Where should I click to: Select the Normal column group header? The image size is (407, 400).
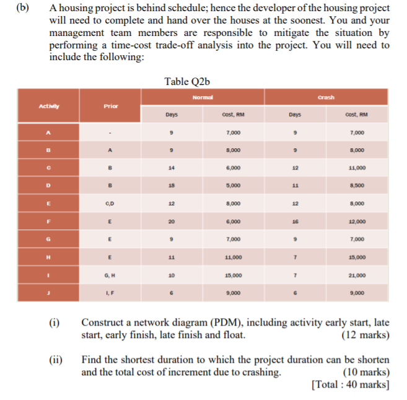pos(203,97)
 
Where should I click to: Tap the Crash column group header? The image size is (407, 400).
pos(326,97)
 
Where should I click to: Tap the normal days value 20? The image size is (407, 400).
pos(172,221)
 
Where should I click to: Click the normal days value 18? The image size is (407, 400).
pos(172,185)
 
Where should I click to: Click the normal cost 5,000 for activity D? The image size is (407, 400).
pos(234,185)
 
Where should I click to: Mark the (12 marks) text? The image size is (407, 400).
pos(365,336)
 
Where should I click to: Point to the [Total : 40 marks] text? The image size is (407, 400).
pos(351,384)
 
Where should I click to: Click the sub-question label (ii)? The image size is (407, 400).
pos(57,360)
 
